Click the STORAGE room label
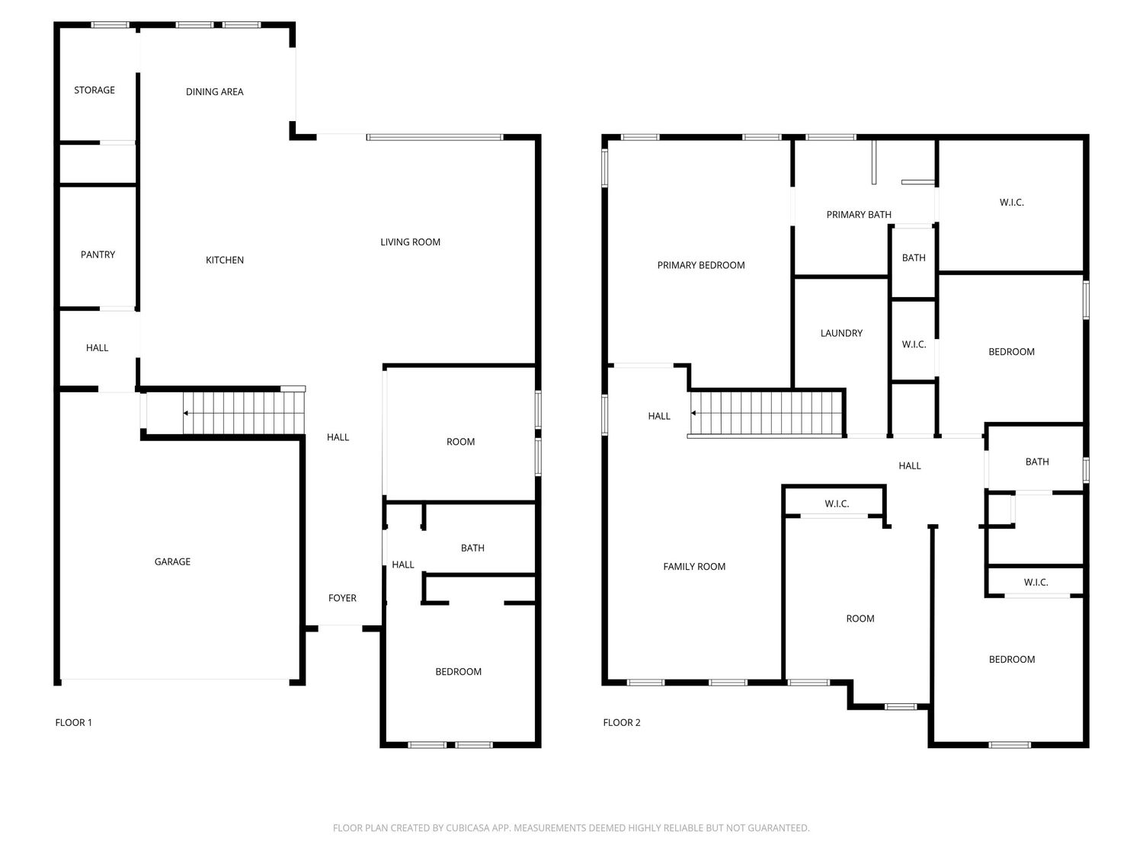point(94,90)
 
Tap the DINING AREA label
point(215,91)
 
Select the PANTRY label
point(98,254)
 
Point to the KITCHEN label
point(225,261)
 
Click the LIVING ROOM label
point(410,242)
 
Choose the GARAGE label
point(172,561)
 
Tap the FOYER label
point(342,598)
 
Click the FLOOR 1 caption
point(73,722)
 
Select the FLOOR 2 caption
point(622,722)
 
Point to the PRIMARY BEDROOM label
point(701,265)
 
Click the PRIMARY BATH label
point(859,214)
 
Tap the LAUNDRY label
point(841,333)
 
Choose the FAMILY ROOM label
point(694,567)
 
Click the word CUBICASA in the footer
point(468,828)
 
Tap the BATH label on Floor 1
point(472,548)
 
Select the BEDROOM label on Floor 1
point(458,672)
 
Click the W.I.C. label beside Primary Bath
point(1011,203)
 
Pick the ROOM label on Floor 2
point(860,619)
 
